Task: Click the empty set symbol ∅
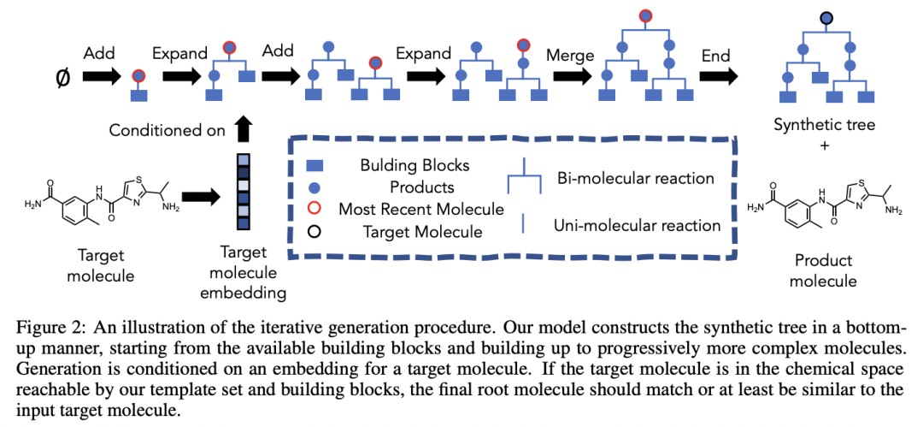[x=61, y=76]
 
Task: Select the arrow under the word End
[x=717, y=76]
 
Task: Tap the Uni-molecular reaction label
[x=638, y=226]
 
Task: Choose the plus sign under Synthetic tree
[x=825, y=145]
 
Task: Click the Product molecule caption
[x=825, y=270]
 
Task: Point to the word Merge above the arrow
[x=570, y=56]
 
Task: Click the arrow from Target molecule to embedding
[x=200, y=199]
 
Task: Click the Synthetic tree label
[x=825, y=125]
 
